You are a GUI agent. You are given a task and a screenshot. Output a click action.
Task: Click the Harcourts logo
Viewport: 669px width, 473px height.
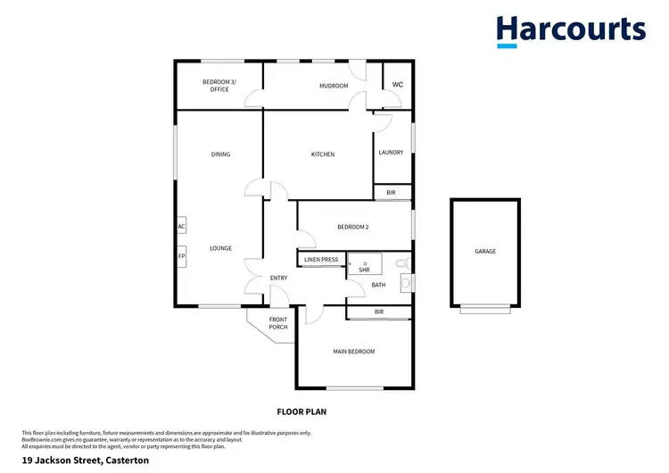(x=571, y=30)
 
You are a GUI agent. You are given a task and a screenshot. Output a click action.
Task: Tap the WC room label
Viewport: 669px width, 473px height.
(x=398, y=85)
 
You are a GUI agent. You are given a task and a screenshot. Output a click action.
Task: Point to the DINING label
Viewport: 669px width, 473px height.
(x=220, y=154)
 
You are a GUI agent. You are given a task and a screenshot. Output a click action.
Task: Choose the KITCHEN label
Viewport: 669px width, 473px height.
(x=322, y=154)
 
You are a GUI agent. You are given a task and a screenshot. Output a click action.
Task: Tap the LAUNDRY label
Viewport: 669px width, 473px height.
(x=392, y=153)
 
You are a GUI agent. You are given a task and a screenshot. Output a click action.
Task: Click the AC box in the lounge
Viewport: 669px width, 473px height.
(x=181, y=227)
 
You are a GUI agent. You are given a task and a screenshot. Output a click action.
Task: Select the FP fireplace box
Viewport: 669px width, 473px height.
(x=181, y=257)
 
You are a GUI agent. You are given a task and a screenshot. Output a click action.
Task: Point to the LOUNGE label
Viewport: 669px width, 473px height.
(x=220, y=248)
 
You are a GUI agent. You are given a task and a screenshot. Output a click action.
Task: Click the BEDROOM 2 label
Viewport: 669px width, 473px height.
(x=352, y=227)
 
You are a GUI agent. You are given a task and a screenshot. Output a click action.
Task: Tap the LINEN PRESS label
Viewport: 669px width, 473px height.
(x=321, y=260)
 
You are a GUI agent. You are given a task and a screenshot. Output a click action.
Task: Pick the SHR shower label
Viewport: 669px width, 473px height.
(x=364, y=269)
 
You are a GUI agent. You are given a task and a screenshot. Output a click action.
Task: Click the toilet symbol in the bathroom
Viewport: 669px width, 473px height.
(x=402, y=263)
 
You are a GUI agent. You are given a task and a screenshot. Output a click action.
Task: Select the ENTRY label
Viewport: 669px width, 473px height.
(x=278, y=278)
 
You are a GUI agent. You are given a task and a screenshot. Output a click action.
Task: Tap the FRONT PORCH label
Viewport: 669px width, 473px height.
(x=278, y=323)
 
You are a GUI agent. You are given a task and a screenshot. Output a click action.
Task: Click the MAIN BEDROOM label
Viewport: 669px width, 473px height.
(x=354, y=352)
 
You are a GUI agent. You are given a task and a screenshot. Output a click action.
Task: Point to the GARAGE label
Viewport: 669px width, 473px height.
(x=485, y=251)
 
